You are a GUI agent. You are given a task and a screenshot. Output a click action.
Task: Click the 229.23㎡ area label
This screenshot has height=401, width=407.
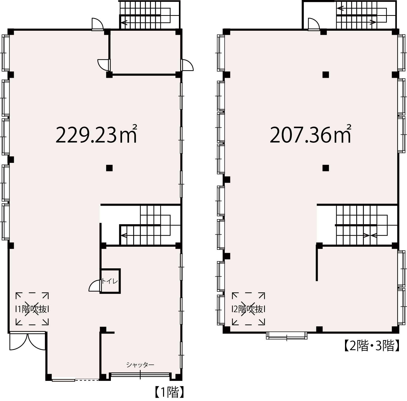[97, 134]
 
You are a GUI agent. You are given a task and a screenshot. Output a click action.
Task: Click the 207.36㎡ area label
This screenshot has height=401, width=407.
[310, 134]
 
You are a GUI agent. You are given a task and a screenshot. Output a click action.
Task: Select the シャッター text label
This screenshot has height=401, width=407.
[140, 365]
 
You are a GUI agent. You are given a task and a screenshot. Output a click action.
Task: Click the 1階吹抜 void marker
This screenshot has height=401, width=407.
[32, 309]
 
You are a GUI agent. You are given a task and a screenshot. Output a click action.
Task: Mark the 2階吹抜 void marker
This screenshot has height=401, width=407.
[248, 309]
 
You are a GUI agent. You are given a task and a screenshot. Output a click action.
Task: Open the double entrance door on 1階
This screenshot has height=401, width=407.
[28, 341]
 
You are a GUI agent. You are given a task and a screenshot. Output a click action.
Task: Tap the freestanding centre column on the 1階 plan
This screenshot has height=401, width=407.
[109, 168]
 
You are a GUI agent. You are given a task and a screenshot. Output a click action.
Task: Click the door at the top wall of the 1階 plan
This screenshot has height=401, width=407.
[98, 24]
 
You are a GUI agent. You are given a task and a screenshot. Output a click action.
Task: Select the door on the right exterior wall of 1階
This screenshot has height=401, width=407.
[187, 65]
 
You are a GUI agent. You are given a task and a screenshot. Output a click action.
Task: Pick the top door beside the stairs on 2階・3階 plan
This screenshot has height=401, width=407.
[314, 24]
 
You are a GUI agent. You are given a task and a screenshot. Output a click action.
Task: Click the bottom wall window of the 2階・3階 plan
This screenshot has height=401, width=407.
[287, 336]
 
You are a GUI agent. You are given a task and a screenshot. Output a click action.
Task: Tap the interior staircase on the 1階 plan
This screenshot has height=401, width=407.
[150, 225]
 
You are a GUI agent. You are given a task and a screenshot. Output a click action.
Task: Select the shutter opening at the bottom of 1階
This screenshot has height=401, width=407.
[140, 376]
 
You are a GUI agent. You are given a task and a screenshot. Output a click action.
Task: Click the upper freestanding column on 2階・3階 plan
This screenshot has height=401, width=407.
[326, 75]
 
